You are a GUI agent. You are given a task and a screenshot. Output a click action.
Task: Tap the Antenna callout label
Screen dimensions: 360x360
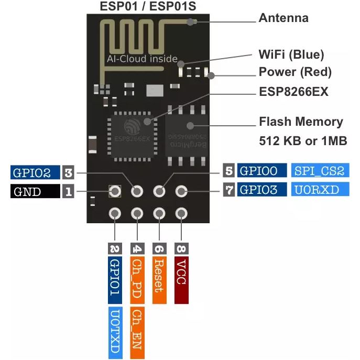[283, 18]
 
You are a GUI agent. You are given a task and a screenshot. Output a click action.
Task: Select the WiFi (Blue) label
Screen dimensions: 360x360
[291, 54]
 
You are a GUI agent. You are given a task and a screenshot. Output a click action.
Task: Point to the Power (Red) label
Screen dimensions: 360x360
[295, 72]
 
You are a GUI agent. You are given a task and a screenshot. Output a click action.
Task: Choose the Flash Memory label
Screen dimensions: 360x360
[301, 122]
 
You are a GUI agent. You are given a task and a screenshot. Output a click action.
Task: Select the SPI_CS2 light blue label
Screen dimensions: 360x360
[320, 171]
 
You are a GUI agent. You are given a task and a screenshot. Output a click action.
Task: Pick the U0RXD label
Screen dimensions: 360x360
[320, 190]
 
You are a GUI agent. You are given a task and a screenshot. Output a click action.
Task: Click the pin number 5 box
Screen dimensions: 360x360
[229, 171]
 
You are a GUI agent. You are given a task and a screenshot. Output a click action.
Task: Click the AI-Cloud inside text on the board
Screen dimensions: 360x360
[142, 59]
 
